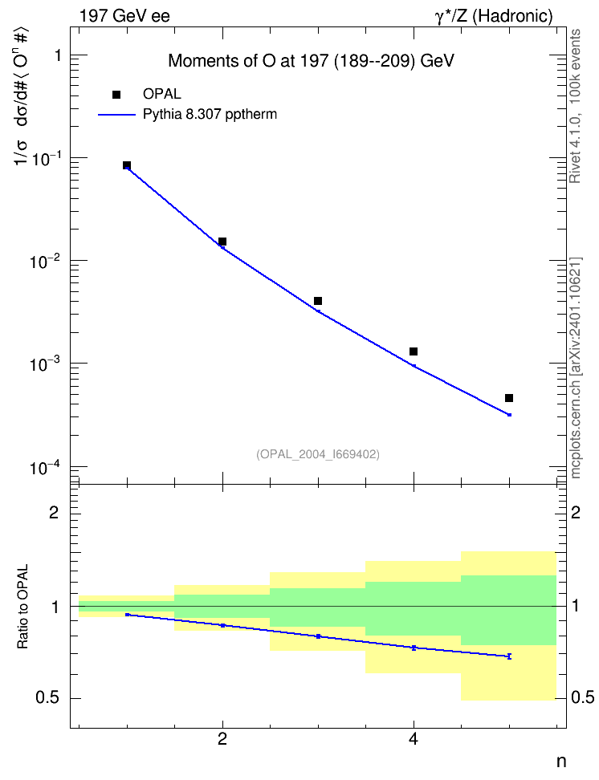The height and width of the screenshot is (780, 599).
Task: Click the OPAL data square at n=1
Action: pyautogui.click(x=127, y=165)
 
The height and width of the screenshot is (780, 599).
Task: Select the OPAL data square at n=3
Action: pyautogui.click(x=318, y=301)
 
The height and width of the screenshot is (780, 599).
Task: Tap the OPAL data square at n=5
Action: pyautogui.click(x=509, y=398)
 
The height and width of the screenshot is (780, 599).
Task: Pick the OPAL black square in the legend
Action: pyautogui.click(x=116, y=95)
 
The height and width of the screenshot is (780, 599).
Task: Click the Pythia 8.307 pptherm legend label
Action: pyautogui.click(x=210, y=115)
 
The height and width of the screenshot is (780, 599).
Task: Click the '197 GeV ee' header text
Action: pyautogui.click(x=124, y=16)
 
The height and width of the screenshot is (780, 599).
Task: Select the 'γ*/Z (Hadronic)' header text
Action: pyautogui.click(x=494, y=16)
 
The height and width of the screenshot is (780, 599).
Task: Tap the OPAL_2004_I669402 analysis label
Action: pyautogui.click(x=318, y=454)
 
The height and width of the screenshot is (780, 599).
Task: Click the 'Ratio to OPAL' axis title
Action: pyautogui.click(x=22, y=607)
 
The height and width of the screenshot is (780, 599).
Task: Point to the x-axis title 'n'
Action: pyautogui.click(x=561, y=761)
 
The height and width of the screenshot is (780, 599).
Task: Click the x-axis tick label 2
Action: pyautogui.click(x=222, y=740)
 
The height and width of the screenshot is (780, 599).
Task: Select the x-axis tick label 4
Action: pyautogui.click(x=414, y=740)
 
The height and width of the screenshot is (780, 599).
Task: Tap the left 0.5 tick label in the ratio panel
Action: pyautogui.click(x=47, y=698)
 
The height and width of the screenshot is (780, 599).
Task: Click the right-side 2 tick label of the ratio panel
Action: pyautogui.click(x=576, y=512)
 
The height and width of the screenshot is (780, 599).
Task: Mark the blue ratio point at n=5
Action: pyautogui.click(x=509, y=656)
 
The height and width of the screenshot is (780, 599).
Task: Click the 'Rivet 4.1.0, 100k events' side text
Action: pyautogui.click(x=575, y=106)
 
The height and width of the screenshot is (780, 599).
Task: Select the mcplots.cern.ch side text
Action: pyautogui.click(x=576, y=368)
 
